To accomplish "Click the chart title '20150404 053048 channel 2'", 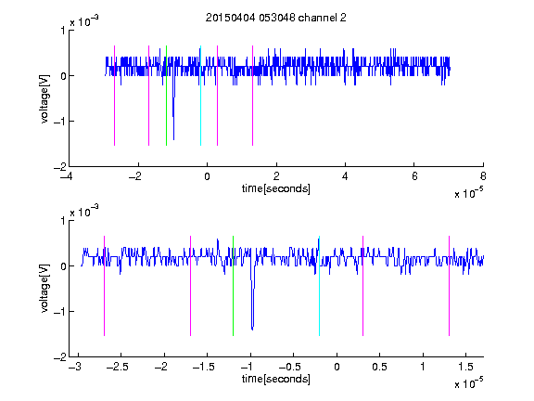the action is [276, 18].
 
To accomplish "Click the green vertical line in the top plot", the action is [166, 96].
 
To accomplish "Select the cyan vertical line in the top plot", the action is [200, 96].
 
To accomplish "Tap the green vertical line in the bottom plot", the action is [233, 286].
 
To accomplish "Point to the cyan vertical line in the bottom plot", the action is [319, 286].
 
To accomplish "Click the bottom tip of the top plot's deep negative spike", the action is [173, 140].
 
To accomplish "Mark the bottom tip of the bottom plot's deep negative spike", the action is [252, 330].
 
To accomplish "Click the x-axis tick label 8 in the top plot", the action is [483, 176].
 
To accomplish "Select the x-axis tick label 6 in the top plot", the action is [414, 176].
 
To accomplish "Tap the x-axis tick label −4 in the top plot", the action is [66, 176].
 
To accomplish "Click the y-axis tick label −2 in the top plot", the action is [59, 167].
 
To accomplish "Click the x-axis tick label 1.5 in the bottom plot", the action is [465, 367].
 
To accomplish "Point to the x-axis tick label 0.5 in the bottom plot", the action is [379, 367].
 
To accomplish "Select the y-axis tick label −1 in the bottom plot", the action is [59, 311].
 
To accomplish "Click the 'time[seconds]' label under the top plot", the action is [276, 188].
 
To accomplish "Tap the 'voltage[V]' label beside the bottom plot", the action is [44, 289].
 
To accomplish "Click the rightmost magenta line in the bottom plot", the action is [449, 286].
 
